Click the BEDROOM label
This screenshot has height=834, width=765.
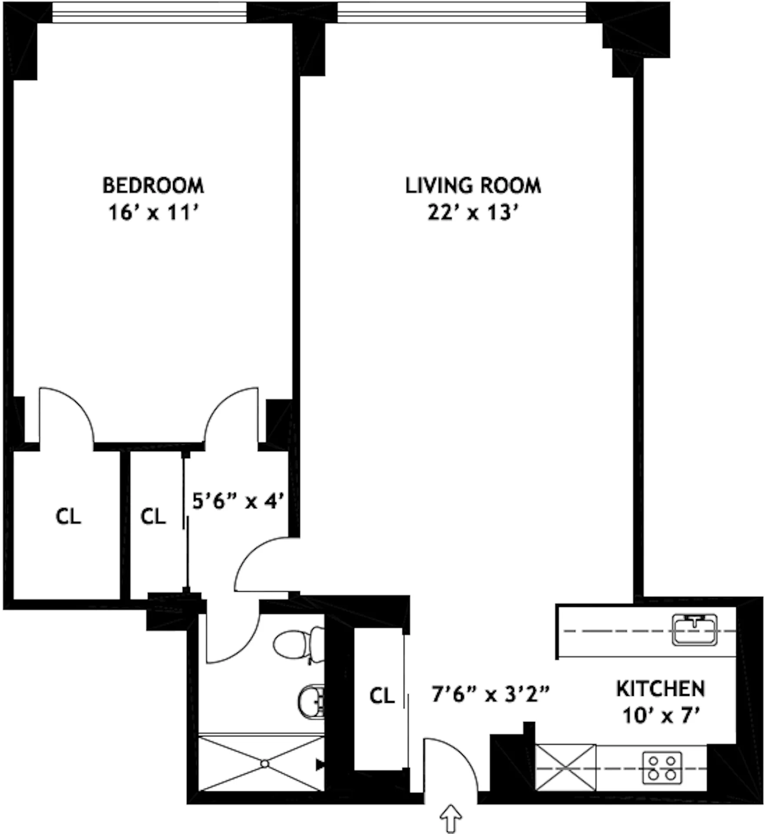pyautogui.click(x=153, y=185)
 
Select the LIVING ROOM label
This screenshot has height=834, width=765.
pyautogui.click(x=473, y=185)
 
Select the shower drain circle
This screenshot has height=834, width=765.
pyautogui.click(x=265, y=764)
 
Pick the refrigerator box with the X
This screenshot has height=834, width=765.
pyautogui.click(x=565, y=768)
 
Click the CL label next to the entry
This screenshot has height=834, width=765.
pyautogui.click(x=382, y=696)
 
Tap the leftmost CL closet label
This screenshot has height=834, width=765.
pyautogui.click(x=68, y=516)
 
